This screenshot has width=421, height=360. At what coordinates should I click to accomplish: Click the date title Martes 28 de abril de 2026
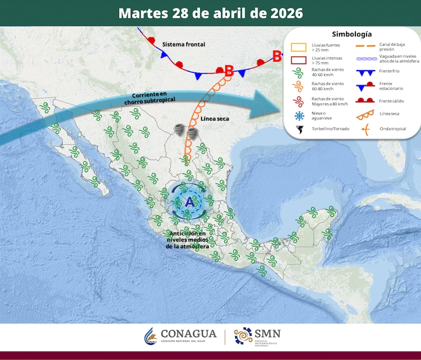coord(210,13)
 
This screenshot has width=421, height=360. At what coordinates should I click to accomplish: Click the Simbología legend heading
coord(351,34)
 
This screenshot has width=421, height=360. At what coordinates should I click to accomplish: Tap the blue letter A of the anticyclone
coord(189,203)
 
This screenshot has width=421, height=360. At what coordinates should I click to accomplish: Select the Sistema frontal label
coord(184,44)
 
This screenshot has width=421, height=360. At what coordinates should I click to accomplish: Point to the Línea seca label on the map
coord(216,119)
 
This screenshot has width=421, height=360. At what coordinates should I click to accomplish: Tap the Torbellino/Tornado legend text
coord(331,130)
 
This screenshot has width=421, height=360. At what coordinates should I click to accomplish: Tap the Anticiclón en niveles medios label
coord(188,240)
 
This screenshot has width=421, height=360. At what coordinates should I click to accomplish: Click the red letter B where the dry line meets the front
coord(228,71)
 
